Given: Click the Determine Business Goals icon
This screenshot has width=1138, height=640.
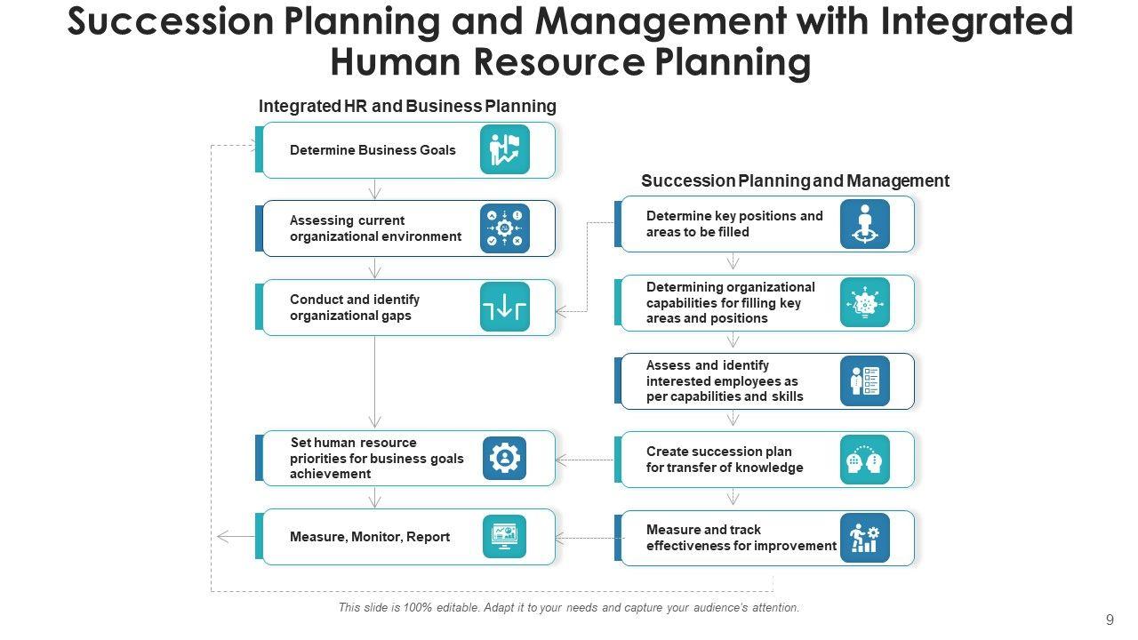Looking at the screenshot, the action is tap(505, 149).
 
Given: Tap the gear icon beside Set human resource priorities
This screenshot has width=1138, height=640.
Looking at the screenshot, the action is tap(505, 459).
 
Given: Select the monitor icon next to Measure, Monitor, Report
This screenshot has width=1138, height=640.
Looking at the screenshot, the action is tap(505, 537).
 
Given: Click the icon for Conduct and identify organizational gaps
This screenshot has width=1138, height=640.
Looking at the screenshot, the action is tap(505, 307).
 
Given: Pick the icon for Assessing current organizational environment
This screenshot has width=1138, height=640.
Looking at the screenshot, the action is tap(505, 228).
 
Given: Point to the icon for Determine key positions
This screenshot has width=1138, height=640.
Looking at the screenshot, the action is tap(864, 224).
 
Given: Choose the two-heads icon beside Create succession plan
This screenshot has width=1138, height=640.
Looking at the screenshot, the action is tap(864, 460).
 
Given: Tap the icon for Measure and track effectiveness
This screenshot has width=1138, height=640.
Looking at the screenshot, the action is tap(864, 538).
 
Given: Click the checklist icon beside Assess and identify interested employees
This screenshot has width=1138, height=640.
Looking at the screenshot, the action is tap(864, 381).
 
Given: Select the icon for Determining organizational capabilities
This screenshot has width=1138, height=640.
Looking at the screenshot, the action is tap(864, 303).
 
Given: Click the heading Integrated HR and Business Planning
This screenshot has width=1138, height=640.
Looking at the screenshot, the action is tap(407, 107).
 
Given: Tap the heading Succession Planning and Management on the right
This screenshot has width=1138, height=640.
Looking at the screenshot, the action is tap(795, 181).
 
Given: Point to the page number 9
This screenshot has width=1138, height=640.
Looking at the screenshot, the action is tap(1110, 620).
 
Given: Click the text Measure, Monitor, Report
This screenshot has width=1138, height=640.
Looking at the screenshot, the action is tap(370, 537).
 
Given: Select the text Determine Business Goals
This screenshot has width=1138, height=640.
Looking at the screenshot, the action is tap(373, 150).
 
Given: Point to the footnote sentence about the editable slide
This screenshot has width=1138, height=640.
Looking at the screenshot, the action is tap(569, 608).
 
